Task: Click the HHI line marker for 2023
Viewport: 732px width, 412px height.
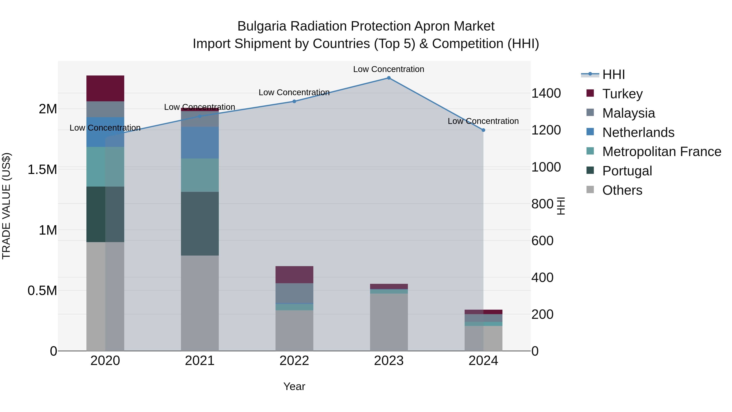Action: pos(389,78)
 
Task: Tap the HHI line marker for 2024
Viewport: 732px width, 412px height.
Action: pos(483,130)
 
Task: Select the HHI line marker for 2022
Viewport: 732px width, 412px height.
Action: pos(294,101)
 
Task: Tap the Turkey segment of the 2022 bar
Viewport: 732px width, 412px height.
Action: pos(294,274)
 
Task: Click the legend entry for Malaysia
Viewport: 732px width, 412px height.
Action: pos(628,113)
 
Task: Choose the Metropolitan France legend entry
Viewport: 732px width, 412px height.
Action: pos(661,152)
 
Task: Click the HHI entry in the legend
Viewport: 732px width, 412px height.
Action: pos(613,74)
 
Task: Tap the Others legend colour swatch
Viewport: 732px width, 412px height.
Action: pos(590,190)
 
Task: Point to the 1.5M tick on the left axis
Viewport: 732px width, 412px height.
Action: pos(42,170)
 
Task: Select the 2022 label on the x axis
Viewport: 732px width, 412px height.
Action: pos(294,361)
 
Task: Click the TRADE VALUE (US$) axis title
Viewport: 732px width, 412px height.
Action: pos(6,206)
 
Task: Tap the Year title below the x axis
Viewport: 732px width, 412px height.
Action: pos(294,386)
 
